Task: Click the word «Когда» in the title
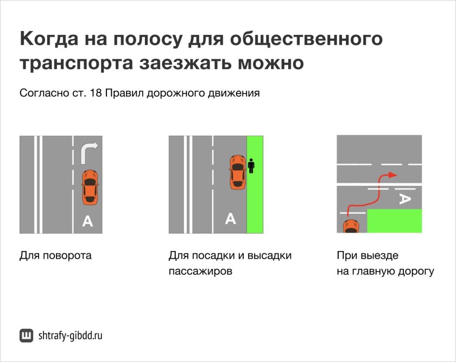(x=49, y=40)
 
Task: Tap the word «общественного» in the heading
(x=306, y=40)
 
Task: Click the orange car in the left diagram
(x=90, y=186)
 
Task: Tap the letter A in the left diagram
(x=87, y=221)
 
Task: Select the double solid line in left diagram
(x=37, y=185)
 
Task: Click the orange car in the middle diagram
(x=237, y=172)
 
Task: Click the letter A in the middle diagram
(x=231, y=219)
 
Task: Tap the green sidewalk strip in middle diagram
(x=255, y=207)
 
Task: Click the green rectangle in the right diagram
(x=395, y=221)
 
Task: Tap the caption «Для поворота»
(x=55, y=255)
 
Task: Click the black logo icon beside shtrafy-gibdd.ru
(x=26, y=336)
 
